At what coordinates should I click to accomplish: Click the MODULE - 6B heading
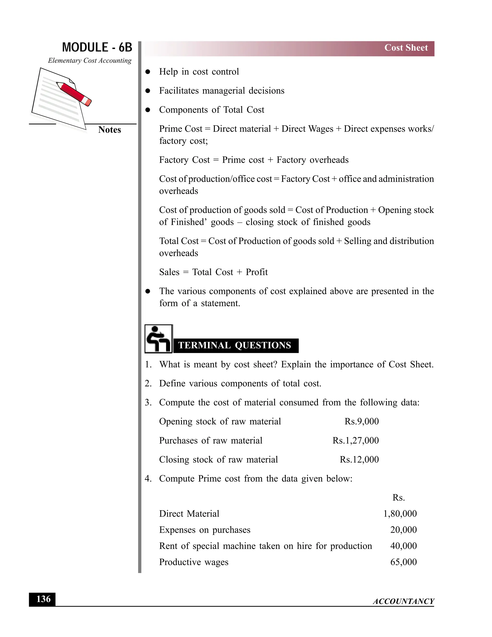(97, 47)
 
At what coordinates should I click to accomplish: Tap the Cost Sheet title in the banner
(406, 48)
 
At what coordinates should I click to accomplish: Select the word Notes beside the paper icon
(109, 130)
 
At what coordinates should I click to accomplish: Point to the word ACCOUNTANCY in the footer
(403, 601)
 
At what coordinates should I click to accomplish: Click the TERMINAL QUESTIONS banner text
(235, 345)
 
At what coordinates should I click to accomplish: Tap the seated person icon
(158, 339)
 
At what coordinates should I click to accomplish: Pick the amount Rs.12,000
(359, 459)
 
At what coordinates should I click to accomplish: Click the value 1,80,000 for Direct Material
(400, 514)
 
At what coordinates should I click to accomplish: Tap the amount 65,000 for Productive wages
(403, 562)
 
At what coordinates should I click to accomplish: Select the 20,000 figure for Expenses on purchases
(403, 530)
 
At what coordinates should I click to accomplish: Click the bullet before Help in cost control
(148, 72)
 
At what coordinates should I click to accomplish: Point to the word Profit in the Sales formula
(257, 272)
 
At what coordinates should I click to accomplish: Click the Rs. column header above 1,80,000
(399, 498)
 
